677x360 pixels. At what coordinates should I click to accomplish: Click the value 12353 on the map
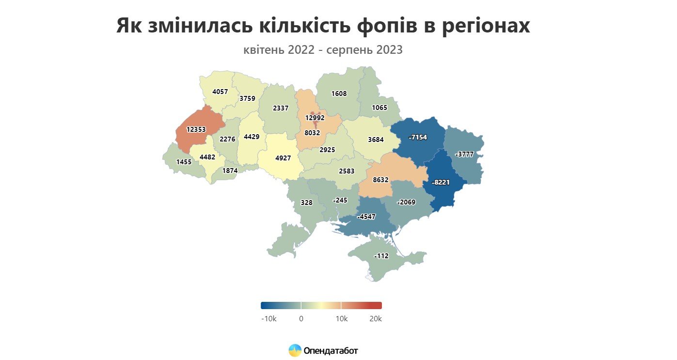pyautogui.click(x=197, y=130)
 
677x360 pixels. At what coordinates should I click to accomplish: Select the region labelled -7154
pyautogui.click(x=418, y=138)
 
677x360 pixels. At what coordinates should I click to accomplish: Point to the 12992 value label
pyautogui.click(x=315, y=118)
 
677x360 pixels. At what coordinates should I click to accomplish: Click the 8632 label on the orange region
pyautogui.click(x=380, y=179)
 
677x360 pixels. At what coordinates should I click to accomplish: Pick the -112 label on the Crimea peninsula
pyautogui.click(x=381, y=256)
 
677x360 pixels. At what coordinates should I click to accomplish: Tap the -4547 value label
pyautogui.click(x=366, y=217)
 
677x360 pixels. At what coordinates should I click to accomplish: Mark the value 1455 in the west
pyautogui.click(x=184, y=162)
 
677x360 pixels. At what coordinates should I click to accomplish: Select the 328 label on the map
pyautogui.click(x=306, y=203)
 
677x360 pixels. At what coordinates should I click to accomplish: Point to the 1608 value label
pyautogui.click(x=339, y=94)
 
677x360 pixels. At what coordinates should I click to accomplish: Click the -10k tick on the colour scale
pyautogui.click(x=268, y=319)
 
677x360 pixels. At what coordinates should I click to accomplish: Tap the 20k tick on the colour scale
pyautogui.click(x=375, y=319)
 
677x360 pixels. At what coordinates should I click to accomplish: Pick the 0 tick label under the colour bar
pyautogui.click(x=301, y=319)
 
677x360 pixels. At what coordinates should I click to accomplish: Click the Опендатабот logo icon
pyautogui.click(x=295, y=350)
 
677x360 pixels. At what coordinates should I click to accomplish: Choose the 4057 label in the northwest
pyautogui.click(x=220, y=91)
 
